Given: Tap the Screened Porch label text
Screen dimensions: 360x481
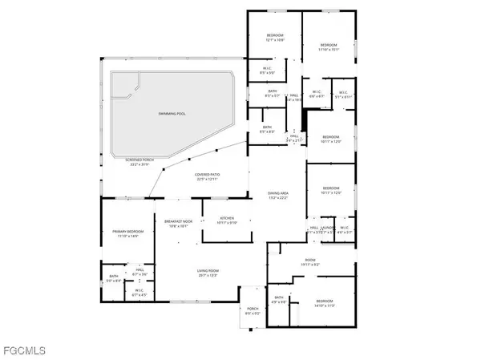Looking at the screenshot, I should coord(139,160).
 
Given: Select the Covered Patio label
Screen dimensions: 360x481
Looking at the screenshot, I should coord(208,174).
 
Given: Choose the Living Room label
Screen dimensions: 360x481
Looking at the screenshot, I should coord(208,271).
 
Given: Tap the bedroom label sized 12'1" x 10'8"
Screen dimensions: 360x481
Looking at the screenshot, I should coord(276,35).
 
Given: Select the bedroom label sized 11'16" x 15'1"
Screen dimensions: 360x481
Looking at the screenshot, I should coord(329,44).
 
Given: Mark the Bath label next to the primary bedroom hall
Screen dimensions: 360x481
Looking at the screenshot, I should coord(113,277).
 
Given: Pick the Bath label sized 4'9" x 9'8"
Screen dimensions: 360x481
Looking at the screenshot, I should coord(278,298).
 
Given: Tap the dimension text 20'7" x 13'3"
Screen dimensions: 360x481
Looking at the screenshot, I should coord(208,276).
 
